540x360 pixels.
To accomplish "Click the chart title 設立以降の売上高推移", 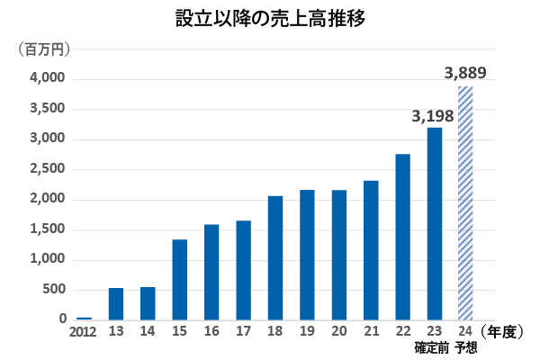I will click(270, 19).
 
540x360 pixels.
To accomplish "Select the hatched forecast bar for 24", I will click(465, 202).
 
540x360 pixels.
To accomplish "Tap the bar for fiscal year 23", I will click(434, 223).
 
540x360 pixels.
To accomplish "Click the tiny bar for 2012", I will click(84, 318).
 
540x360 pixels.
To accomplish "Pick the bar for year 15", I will click(179, 279).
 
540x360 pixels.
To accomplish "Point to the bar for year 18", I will click(274, 257).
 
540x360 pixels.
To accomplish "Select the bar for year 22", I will click(402, 237).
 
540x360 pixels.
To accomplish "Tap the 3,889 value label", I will click(465, 73).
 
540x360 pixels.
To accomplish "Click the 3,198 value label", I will click(434, 116).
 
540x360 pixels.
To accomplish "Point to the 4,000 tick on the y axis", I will click(47, 79).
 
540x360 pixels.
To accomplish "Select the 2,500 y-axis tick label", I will click(47, 169).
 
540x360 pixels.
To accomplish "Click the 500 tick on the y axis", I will click(54, 290).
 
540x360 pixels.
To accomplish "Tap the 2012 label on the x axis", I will click(83, 332).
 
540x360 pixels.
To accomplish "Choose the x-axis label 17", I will click(243, 332).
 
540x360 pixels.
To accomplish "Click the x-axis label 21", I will click(371, 332).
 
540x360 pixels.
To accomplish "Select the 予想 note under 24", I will click(466, 348).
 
